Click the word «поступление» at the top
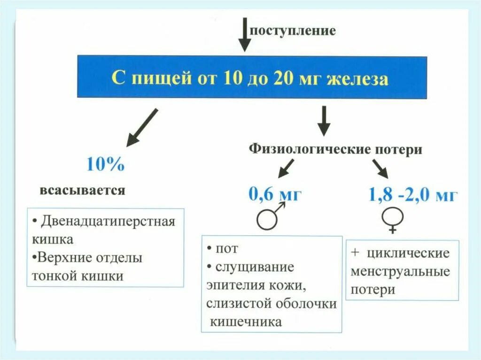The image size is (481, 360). (292, 31)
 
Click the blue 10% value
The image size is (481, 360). (106, 164)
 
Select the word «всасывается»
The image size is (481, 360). (83, 190)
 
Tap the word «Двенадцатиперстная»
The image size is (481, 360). (108, 221)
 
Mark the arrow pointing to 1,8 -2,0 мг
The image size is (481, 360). (380, 168)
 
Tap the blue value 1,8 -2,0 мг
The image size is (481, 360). (412, 194)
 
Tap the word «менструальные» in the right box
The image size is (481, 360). (400, 271)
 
